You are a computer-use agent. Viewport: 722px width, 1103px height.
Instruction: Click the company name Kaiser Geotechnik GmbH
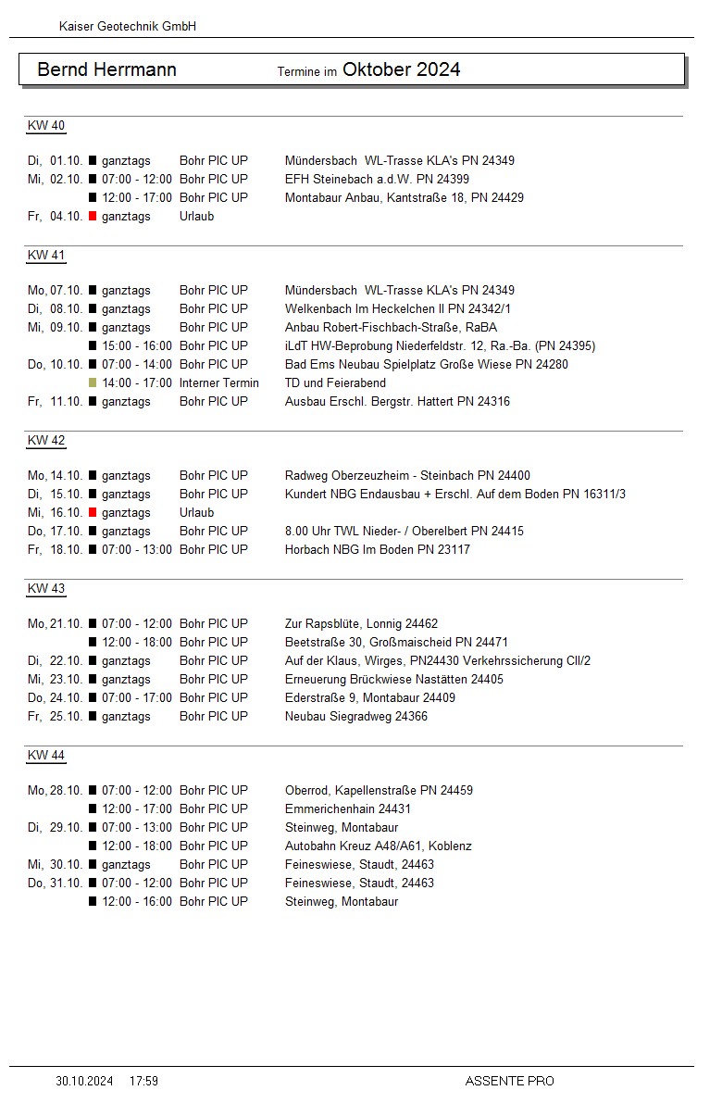point(128,27)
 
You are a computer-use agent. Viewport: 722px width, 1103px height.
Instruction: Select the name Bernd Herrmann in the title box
point(106,69)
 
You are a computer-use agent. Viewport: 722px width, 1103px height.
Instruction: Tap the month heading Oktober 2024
point(401,69)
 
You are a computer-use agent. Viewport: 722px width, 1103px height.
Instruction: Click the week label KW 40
point(46,126)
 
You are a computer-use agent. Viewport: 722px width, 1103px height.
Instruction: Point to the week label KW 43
point(46,589)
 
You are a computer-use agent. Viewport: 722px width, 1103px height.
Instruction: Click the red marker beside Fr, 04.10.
point(93,216)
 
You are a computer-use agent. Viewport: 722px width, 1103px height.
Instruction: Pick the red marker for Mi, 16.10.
point(93,512)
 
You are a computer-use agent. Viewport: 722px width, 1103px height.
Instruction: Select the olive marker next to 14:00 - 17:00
point(93,382)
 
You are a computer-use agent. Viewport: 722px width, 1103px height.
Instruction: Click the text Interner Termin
point(219,382)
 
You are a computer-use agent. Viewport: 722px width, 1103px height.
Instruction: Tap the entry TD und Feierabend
point(335,382)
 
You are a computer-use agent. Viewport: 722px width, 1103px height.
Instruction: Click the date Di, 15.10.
point(56,494)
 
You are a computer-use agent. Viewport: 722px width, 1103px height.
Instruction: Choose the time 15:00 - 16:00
point(137,345)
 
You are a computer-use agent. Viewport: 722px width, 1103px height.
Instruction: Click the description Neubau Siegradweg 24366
point(356,716)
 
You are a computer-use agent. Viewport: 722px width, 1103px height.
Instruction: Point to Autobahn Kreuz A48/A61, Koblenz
point(379,846)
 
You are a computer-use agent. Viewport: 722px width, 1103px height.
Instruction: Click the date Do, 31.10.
point(56,883)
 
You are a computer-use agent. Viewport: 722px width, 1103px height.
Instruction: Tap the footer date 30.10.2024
point(84,1081)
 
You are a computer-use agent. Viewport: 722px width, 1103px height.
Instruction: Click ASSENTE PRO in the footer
point(509,1081)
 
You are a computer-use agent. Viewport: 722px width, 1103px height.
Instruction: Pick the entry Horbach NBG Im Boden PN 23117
point(378,549)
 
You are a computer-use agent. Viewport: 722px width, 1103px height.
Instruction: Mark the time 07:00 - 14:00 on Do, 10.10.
point(137,364)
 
